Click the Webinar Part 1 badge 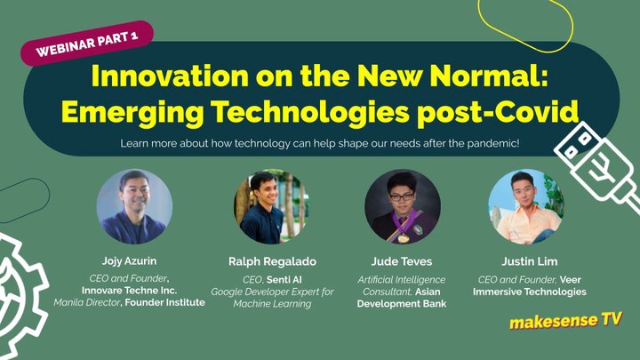pyautogui.click(x=87, y=44)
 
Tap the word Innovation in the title pyautogui.click(x=170, y=76)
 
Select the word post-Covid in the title pyautogui.click(x=498, y=112)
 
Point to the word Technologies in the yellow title pyautogui.click(x=310, y=112)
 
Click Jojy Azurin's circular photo pyautogui.click(x=134, y=206)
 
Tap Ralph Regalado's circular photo pyautogui.click(x=271, y=206)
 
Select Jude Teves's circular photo pyautogui.click(x=403, y=206)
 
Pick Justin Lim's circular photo pyautogui.click(x=526, y=206)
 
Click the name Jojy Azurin pyautogui.click(x=129, y=261)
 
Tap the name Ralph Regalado pyautogui.click(x=272, y=261)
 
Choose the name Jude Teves pyautogui.click(x=402, y=261)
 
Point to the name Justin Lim pyautogui.click(x=530, y=261)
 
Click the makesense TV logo pyautogui.click(x=565, y=321)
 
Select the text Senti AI pyautogui.click(x=284, y=280)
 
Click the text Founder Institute pyautogui.click(x=165, y=302)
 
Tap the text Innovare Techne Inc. pyautogui.click(x=130, y=291)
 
